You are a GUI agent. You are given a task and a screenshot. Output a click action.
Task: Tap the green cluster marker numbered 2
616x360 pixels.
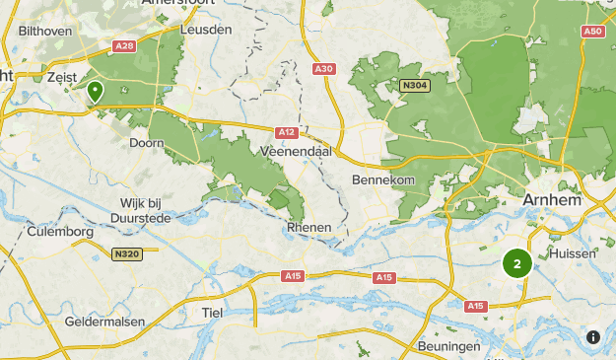coord(517,263)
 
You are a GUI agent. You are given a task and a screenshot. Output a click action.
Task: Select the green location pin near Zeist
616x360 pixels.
coord(96,93)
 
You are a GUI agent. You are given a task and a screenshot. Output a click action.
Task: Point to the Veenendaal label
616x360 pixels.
coord(297,152)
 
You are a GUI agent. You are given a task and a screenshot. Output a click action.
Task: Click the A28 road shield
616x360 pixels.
coord(124,46)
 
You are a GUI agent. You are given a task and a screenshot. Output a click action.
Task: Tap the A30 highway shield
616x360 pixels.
coord(324,68)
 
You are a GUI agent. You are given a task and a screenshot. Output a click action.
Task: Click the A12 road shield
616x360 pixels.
coord(287,132)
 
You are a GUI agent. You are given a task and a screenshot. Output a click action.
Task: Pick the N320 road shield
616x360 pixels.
coord(124,253)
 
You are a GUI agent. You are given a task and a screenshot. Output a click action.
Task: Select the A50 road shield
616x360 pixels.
coord(592,32)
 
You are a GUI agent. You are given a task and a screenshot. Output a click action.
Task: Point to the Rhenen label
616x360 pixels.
coord(308,227)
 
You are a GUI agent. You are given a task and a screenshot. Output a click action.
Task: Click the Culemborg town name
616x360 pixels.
coord(61,231)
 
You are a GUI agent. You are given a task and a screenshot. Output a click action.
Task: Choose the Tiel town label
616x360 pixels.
coord(212,312)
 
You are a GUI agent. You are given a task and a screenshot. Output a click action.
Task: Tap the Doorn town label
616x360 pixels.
coord(147,142)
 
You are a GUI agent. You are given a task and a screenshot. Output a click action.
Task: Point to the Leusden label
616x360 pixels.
coord(206,30)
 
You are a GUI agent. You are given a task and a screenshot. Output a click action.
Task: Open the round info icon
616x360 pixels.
coord(593,337)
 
